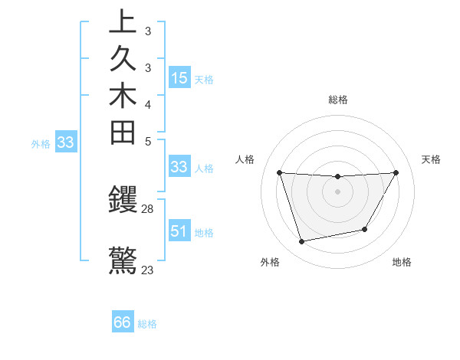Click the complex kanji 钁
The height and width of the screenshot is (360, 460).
click(x=123, y=201)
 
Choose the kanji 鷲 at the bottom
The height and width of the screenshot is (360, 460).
click(x=123, y=260)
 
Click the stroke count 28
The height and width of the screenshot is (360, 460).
click(x=148, y=209)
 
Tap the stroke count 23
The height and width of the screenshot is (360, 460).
click(x=148, y=270)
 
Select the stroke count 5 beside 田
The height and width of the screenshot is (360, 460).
click(x=148, y=141)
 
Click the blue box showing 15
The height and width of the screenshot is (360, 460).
click(x=179, y=77)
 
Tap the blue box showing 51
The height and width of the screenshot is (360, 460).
click(x=179, y=231)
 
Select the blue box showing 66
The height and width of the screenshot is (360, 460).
click(x=123, y=322)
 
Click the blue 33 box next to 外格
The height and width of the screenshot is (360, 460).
click(x=65, y=142)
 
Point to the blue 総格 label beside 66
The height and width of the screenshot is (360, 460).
click(x=147, y=324)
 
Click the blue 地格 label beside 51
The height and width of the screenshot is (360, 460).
click(x=204, y=232)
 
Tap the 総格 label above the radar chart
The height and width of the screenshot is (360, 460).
click(x=338, y=100)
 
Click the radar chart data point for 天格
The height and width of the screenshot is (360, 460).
click(x=396, y=172)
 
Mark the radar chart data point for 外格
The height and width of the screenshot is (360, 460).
click(x=302, y=242)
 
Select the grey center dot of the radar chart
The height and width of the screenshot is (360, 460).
click(x=337, y=191)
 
